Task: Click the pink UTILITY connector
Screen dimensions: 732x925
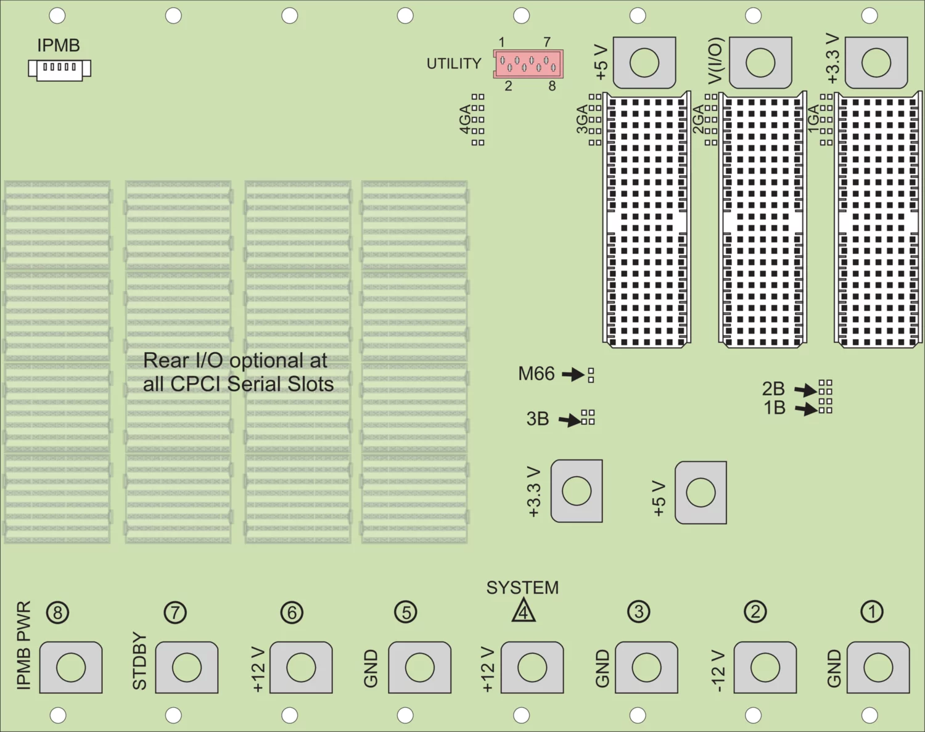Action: click(528, 63)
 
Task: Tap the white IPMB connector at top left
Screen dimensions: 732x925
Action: click(59, 68)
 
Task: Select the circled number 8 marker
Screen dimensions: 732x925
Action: click(58, 613)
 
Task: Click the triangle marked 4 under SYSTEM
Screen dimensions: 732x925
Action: click(524, 611)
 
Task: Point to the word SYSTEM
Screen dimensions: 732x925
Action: click(522, 588)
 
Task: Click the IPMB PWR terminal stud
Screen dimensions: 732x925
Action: click(71, 667)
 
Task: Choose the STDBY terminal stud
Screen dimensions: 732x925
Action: click(187, 667)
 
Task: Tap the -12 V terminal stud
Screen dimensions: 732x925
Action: click(765, 667)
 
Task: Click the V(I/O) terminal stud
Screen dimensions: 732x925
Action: click(760, 62)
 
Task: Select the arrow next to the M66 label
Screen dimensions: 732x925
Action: click(573, 374)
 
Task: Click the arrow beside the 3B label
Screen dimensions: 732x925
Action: click(570, 420)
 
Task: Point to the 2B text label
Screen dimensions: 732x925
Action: click(773, 389)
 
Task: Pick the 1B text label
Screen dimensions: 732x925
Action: click(775, 408)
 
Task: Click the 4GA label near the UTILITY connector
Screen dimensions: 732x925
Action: click(465, 119)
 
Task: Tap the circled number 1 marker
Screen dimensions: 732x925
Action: click(872, 612)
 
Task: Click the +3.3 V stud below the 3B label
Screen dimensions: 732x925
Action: click(577, 491)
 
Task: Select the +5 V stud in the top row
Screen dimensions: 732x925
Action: click(644, 62)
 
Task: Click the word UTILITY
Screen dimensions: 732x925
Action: click(454, 64)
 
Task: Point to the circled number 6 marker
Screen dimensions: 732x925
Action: click(292, 613)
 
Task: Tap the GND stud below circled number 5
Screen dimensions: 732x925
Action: click(419, 667)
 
